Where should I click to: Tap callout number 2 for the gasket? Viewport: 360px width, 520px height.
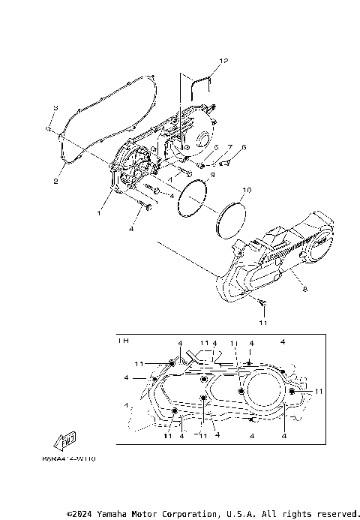pos(55,181)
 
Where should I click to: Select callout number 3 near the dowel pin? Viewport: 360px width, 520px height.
pos(55,110)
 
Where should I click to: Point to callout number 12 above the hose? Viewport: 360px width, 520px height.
pos(223,60)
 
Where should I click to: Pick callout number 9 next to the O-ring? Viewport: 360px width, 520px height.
pos(212,175)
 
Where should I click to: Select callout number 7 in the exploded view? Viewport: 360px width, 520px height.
pos(230,147)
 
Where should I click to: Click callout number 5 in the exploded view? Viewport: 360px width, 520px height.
pos(216,147)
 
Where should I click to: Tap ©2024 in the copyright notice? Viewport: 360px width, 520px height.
pos(80,514)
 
